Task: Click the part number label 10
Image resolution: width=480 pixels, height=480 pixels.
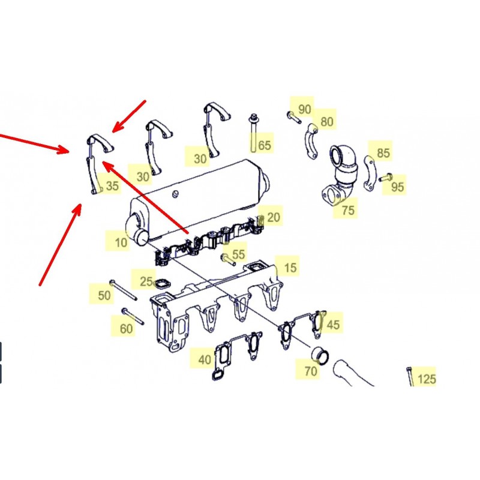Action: (121, 242)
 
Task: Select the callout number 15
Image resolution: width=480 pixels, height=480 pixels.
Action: (290, 268)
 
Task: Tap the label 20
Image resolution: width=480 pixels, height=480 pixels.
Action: (274, 217)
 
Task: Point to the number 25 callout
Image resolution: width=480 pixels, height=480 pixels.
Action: (146, 281)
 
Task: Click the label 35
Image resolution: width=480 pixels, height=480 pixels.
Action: (112, 185)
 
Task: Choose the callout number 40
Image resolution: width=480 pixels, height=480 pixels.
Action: (205, 359)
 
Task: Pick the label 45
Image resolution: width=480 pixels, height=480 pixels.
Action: (333, 325)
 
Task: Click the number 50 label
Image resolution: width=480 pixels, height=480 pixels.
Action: (104, 295)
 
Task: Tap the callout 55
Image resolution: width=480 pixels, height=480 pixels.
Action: (238, 254)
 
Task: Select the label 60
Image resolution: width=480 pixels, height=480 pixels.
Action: (126, 329)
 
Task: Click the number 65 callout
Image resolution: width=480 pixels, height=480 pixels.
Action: (265, 145)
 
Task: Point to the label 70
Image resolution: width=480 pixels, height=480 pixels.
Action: (310, 371)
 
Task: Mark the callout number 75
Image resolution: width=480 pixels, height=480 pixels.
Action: (348, 211)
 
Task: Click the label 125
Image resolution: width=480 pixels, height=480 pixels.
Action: (427, 379)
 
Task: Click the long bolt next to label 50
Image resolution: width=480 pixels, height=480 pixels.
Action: (123, 290)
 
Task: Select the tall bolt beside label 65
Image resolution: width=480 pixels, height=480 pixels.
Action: (253, 133)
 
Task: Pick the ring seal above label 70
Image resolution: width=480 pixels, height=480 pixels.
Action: (320, 355)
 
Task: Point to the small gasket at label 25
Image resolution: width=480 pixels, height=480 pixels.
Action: (161, 284)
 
